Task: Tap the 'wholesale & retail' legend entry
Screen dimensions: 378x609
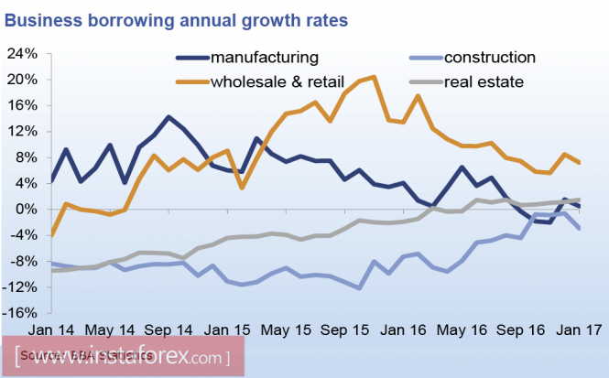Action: click(285, 82)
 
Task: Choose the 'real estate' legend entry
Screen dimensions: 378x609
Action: click(484, 82)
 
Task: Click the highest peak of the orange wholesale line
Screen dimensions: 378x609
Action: click(375, 77)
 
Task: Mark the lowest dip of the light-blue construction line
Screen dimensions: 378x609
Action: click(360, 288)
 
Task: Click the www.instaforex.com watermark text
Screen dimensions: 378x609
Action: click(128, 355)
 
